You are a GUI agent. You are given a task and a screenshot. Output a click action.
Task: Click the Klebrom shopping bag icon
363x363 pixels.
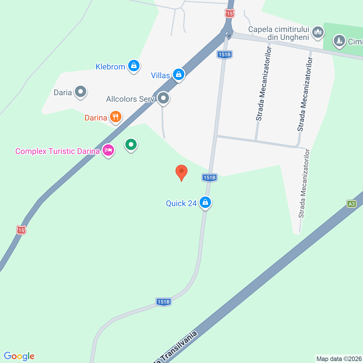pyautogui.click(x=134, y=66)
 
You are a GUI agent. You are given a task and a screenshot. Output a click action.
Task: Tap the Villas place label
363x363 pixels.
pyautogui.click(x=160, y=75)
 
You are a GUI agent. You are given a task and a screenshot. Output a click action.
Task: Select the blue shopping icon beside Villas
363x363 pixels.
pyautogui.click(x=178, y=75)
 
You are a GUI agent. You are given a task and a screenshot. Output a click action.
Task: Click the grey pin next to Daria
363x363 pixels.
pyautogui.click(x=81, y=92)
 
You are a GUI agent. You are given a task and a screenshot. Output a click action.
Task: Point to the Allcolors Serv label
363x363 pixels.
pyautogui.click(x=130, y=99)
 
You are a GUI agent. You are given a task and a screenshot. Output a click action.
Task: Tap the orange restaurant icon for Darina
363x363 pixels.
pyautogui.click(x=115, y=117)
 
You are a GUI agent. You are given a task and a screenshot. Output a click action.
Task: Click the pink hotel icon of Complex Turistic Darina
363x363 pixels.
pyautogui.click(x=108, y=150)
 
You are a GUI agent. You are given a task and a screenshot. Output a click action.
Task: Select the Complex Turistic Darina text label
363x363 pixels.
pyautogui.click(x=57, y=151)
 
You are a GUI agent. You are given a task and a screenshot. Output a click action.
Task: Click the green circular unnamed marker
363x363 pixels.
pyautogui.click(x=131, y=145)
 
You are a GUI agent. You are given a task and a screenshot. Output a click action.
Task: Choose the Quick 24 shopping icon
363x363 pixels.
pyautogui.click(x=205, y=202)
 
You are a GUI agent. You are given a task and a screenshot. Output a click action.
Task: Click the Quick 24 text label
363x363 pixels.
pyautogui.click(x=181, y=203)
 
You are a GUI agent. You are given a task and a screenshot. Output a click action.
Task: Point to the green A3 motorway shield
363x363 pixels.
pyautogui.click(x=351, y=204)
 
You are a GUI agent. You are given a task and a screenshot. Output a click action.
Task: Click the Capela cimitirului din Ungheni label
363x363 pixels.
pyautogui.click(x=278, y=33)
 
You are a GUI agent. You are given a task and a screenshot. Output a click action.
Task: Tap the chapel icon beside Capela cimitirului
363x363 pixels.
pyautogui.click(x=318, y=32)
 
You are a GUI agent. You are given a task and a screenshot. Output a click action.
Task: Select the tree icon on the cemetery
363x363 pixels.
pyautogui.click(x=339, y=41)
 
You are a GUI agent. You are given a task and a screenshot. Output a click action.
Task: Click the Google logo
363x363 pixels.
pyautogui.click(x=19, y=356)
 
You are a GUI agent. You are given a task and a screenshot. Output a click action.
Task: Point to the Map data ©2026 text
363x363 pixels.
pyautogui.click(x=339, y=359)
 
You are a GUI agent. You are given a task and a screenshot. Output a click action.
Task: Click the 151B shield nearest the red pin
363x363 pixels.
pyautogui.click(x=210, y=178)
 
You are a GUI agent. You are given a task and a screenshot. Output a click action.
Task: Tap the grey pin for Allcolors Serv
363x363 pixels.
pyautogui.click(x=163, y=98)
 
